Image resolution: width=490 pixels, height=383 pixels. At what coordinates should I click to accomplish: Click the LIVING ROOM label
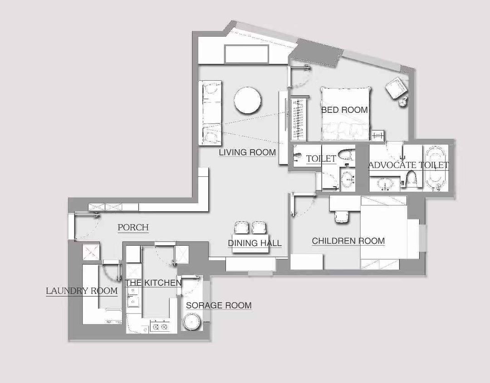point(247,152)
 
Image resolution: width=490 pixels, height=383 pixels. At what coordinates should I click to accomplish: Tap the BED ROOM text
point(344,110)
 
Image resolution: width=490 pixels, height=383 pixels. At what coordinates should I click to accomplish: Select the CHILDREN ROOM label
point(348,241)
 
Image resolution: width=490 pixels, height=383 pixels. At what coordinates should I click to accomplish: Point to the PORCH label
point(133,227)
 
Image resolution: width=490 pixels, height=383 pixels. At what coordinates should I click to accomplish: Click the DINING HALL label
point(255,243)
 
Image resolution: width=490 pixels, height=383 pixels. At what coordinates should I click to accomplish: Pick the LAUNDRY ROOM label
point(82,291)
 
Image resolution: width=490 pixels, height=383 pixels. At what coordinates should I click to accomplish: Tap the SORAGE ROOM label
point(219,305)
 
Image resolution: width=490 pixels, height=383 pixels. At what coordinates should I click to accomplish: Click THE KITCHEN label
point(153,283)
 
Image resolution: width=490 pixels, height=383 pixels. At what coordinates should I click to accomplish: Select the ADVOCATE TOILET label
point(409,165)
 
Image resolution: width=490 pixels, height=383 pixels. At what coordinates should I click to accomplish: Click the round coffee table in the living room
point(248,100)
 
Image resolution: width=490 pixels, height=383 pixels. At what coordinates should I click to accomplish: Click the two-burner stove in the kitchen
point(160,326)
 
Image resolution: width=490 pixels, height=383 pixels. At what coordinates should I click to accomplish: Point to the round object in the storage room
point(191,322)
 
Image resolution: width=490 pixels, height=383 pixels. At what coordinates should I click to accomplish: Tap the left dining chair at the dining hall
point(240,228)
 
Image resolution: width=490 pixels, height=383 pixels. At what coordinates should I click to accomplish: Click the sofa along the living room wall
point(210,113)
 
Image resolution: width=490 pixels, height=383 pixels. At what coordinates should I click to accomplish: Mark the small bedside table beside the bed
point(378,136)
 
